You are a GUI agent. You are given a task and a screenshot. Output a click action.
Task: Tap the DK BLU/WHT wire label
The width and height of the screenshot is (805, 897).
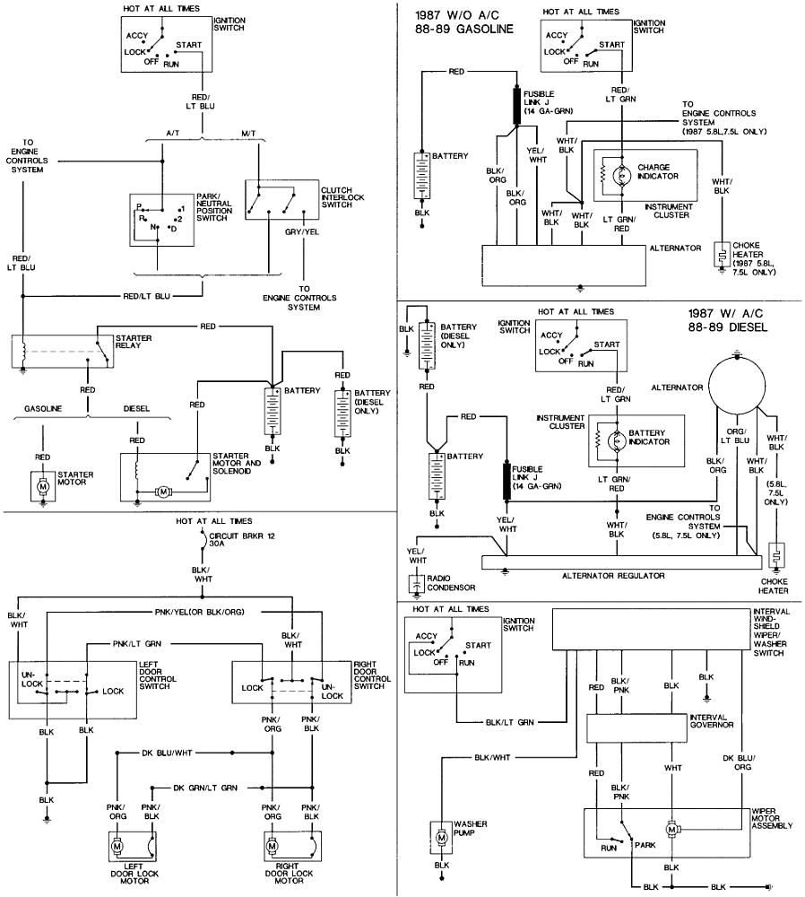click(x=168, y=753)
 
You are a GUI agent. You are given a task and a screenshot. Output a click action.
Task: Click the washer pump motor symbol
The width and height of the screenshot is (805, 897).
click(x=440, y=836)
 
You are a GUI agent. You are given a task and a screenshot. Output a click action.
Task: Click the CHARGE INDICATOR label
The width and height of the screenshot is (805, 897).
click(x=661, y=171)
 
